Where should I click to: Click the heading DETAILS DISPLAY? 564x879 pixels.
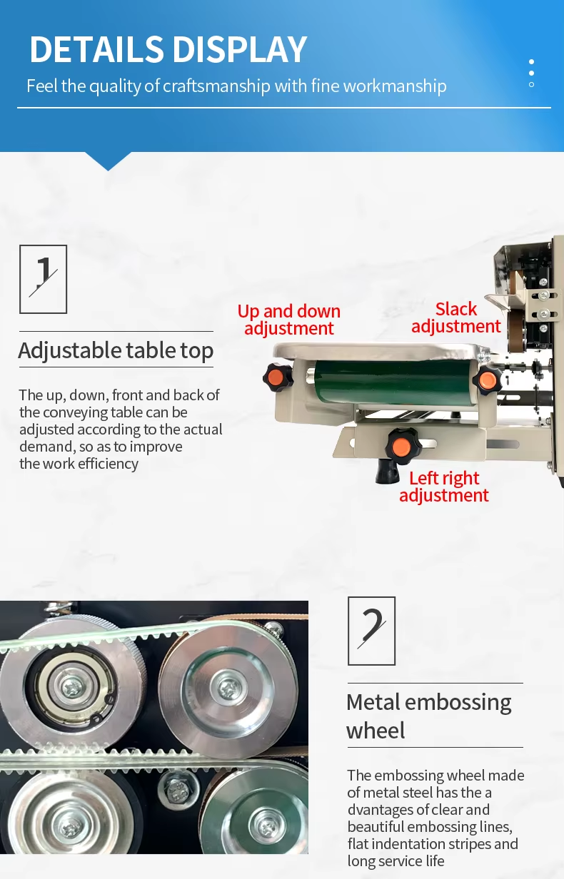168,49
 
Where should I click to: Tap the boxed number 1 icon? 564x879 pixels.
44,280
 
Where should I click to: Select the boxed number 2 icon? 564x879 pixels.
371,631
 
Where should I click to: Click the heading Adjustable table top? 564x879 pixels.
116,350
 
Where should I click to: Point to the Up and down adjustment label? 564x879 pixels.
289,320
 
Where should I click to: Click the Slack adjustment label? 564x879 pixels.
456,318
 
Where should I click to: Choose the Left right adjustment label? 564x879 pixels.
444,487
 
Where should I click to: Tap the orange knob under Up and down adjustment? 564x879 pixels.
278,377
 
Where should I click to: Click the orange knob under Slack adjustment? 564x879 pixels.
487,380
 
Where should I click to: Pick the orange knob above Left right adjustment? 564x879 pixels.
401,447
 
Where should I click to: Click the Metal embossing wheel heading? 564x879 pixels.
429,716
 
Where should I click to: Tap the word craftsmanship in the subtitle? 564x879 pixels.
216,86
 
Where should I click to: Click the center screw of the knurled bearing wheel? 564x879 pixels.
74,686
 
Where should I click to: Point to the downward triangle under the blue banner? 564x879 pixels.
108,161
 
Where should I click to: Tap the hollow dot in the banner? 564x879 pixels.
531,84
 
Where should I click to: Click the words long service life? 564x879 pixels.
396,861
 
